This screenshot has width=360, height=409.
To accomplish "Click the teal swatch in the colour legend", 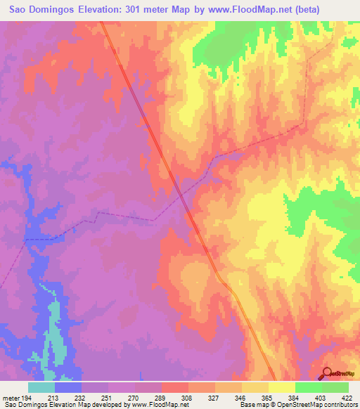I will [x=41, y=387].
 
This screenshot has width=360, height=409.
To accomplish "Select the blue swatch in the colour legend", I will [x=68, y=387].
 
